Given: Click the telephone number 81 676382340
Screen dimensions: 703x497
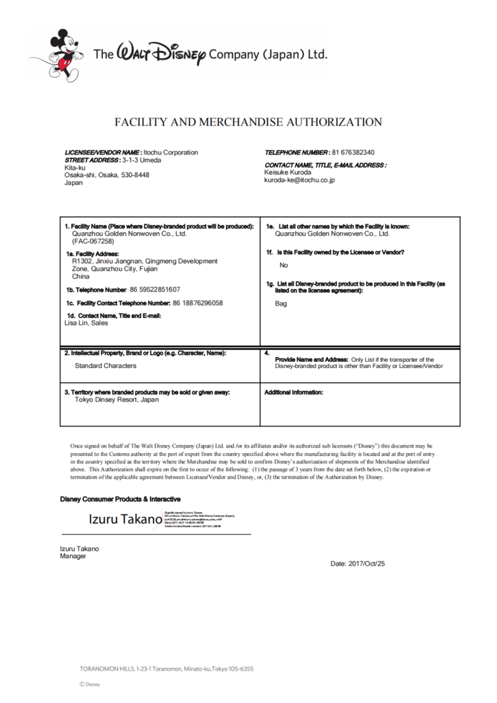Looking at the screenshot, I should [353, 152].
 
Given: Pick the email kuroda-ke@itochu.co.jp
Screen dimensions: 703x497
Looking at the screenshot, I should [299, 180].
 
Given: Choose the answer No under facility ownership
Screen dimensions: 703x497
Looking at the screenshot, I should [284, 264].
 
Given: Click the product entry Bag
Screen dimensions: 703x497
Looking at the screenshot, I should [281, 303].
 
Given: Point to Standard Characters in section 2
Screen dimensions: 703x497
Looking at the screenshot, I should [106, 366].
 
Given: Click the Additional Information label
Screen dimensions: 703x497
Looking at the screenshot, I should [293, 393].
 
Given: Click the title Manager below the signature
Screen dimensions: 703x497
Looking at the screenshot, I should [73, 556].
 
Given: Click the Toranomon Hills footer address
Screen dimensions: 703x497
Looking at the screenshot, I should [167, 669].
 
